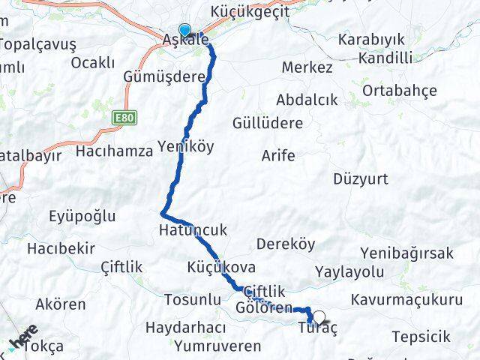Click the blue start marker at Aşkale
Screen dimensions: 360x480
coord(184,31)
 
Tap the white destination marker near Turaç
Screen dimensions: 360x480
coord(319,317)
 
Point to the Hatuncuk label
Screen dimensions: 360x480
coord(192,229)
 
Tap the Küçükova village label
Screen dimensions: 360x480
coord(221,267)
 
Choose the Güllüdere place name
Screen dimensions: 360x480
coord(267,122)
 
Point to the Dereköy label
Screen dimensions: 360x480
coord(286,244)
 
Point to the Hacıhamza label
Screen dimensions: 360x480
coord(114,151)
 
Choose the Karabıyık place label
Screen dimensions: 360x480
coord(372,39)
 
